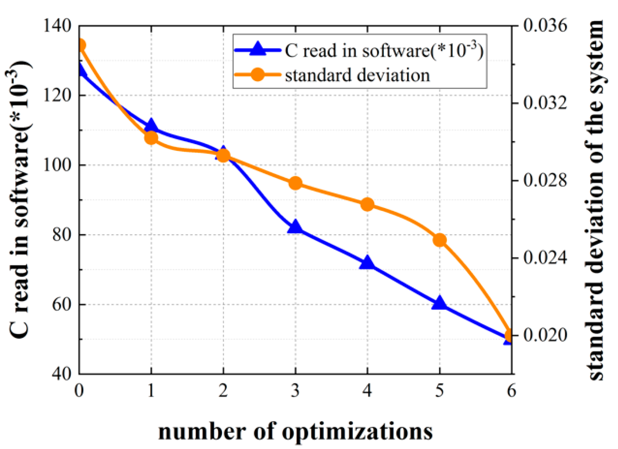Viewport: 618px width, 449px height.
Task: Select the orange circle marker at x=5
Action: coord(440,240)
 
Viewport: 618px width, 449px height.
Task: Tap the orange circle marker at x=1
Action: coord(151,138)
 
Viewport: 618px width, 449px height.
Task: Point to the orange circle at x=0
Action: coord(80,45)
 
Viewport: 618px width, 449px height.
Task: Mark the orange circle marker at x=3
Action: coord(296,183)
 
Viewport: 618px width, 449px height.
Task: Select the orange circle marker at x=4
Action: coord(367,205)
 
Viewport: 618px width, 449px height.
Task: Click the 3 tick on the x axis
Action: coord(295,391)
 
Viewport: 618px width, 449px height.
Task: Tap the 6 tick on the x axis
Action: coord(511,391)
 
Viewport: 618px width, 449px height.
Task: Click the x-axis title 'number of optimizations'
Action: coord(295,431)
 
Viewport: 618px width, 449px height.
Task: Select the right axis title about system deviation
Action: coord(595,200)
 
